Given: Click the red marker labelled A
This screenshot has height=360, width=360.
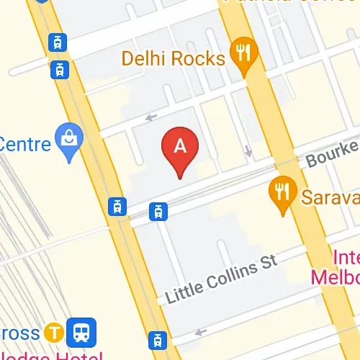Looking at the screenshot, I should click(180, 148).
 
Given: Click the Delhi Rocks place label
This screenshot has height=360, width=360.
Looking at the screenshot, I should click(174, 58).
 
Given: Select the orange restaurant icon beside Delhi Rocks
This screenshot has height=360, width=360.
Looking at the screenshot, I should click(245, 53).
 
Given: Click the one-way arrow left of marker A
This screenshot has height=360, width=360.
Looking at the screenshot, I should click(151, 117).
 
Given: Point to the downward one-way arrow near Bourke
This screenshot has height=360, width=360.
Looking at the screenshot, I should click(248, 152).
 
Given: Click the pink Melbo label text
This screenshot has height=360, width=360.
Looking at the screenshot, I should click(337, 276).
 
